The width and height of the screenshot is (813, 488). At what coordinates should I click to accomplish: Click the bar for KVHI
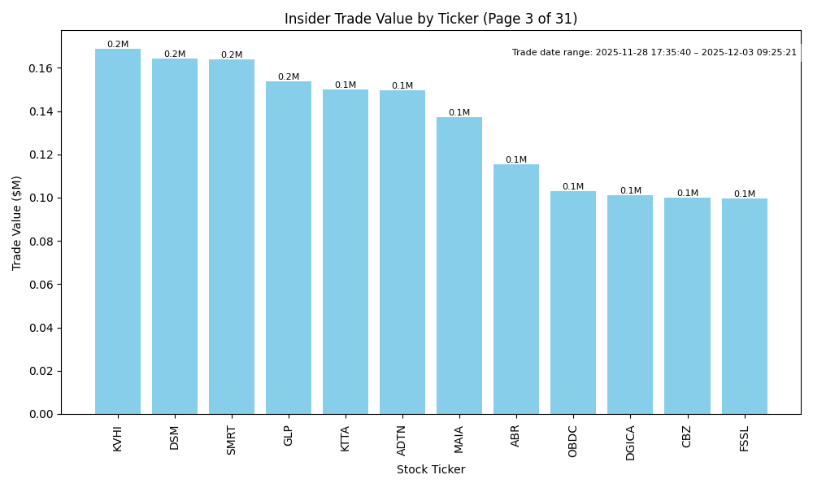(118, 232)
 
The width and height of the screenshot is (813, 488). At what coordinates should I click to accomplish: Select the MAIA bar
(459, 266)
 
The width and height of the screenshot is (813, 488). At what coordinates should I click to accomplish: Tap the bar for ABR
(516, 289)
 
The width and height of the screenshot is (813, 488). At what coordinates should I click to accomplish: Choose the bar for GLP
(289, 248)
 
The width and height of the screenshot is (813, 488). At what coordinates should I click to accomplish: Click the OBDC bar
(573, 303)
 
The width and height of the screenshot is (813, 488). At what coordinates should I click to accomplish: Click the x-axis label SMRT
(232, 440)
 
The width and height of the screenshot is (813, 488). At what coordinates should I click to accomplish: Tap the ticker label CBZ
(687, 436)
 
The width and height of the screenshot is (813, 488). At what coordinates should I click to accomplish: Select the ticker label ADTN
(402, 440)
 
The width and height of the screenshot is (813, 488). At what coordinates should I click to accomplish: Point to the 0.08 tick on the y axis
(41, 242)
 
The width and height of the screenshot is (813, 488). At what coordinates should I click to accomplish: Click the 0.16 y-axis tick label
(41, 68)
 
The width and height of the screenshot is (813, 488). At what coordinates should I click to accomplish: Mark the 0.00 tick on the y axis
(41, 414)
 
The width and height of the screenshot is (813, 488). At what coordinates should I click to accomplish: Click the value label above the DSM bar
(175, 54)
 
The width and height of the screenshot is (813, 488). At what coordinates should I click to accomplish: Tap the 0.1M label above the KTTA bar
(346, 85)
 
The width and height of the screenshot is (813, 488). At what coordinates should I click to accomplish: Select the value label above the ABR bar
(516, 160)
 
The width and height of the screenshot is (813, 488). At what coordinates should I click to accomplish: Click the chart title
(431, 19)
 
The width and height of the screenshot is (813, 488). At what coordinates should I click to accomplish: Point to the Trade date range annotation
(654, 53)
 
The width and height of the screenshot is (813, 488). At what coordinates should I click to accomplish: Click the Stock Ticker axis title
(431, 470)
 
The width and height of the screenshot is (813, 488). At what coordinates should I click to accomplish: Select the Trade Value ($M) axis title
(17, 222)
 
